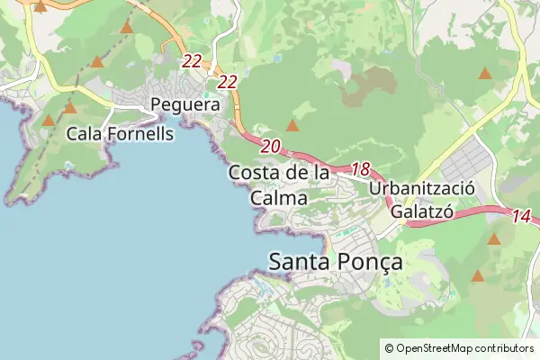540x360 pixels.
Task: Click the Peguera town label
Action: (x=186, y=105)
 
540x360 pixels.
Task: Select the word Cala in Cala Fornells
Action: (x=85, y=134)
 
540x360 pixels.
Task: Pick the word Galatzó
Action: (x=420, y=211)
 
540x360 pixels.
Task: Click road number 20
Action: (x=271, y=146)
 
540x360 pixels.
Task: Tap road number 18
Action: (x=361, y=168)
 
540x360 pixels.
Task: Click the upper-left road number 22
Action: (x=192, y=61)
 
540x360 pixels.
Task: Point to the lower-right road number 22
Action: (x=227, y=82)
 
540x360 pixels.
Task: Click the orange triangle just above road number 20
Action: (x=292, y=126)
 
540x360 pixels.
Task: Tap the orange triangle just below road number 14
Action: (x=493, y=239)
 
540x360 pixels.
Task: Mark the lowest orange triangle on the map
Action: (x=478, y=275)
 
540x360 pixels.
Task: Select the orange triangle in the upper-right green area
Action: (x=485, y=73)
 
